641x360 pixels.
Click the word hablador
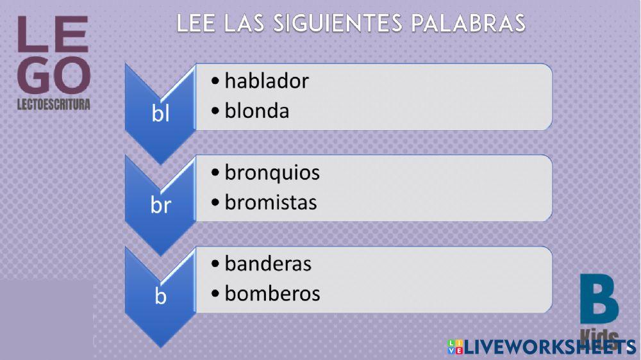(x=267, y=81)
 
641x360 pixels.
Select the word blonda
(x=257, y=111)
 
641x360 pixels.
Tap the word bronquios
(x=272, y=173)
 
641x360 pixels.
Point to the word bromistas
(x=271, y=202)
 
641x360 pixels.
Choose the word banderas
(x=268, y=264)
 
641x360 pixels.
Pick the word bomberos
(x=272, y=293)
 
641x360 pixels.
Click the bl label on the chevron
(x=160, y=113)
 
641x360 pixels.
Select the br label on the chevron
(x=160, y=206)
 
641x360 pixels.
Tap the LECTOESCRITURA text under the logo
(x=53, y=104)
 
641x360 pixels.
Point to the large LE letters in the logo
(x=53, y=35)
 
